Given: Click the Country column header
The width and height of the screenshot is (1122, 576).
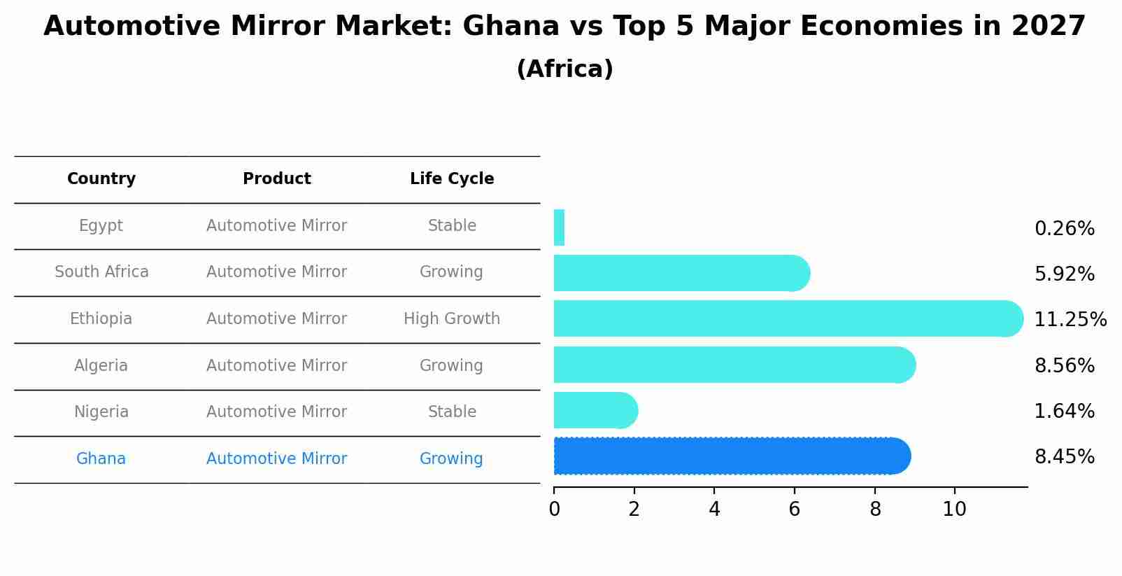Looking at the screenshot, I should point(101,179).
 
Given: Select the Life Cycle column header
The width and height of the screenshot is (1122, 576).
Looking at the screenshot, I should point(452,179).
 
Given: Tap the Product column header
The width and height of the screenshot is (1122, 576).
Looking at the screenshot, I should point(277,179).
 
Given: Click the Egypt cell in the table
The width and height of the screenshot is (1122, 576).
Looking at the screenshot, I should point(101,226).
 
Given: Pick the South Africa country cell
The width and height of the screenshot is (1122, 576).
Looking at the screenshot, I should point(101,272).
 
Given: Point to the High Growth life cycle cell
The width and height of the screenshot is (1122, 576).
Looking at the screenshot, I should point(452,319).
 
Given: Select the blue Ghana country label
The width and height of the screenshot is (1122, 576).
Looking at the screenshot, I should point(101,459).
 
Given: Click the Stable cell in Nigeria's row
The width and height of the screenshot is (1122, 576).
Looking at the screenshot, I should point(452,412).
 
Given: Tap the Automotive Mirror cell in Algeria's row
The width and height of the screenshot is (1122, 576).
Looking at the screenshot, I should point(277,366).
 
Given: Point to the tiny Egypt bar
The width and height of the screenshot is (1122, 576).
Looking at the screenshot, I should point(559,227).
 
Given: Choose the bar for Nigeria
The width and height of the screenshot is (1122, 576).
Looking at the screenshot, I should point(595,410).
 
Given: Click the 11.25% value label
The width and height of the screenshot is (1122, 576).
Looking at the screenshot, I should point(1070,320).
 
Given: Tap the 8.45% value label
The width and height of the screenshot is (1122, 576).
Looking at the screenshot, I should point(1064,457).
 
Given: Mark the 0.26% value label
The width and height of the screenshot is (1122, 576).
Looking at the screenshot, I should point(1064,229).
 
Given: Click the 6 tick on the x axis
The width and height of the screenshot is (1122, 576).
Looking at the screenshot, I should point(794,510).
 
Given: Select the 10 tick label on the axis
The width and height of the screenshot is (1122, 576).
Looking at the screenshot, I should point(954,510).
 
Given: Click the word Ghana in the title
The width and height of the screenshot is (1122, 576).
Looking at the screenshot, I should point(511,27).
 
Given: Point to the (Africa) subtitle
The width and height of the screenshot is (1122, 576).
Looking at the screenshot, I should point(564,69).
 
